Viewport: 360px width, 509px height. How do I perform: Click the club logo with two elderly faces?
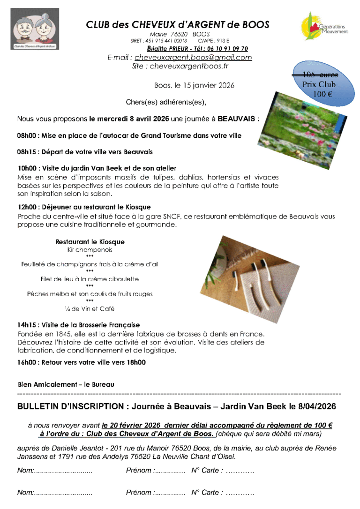tap(34, 29)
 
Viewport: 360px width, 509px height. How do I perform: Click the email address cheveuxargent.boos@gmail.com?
tap(193, 58)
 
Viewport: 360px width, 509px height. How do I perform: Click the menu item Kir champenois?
tap(90, 250)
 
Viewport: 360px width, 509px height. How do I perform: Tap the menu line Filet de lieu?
tap(90, 279)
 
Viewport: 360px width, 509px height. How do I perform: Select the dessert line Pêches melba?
tap(90, 294)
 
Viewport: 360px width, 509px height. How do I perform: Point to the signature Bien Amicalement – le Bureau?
tap(66, 384)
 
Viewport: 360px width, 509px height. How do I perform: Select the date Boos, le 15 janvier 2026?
tap(194, 85)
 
